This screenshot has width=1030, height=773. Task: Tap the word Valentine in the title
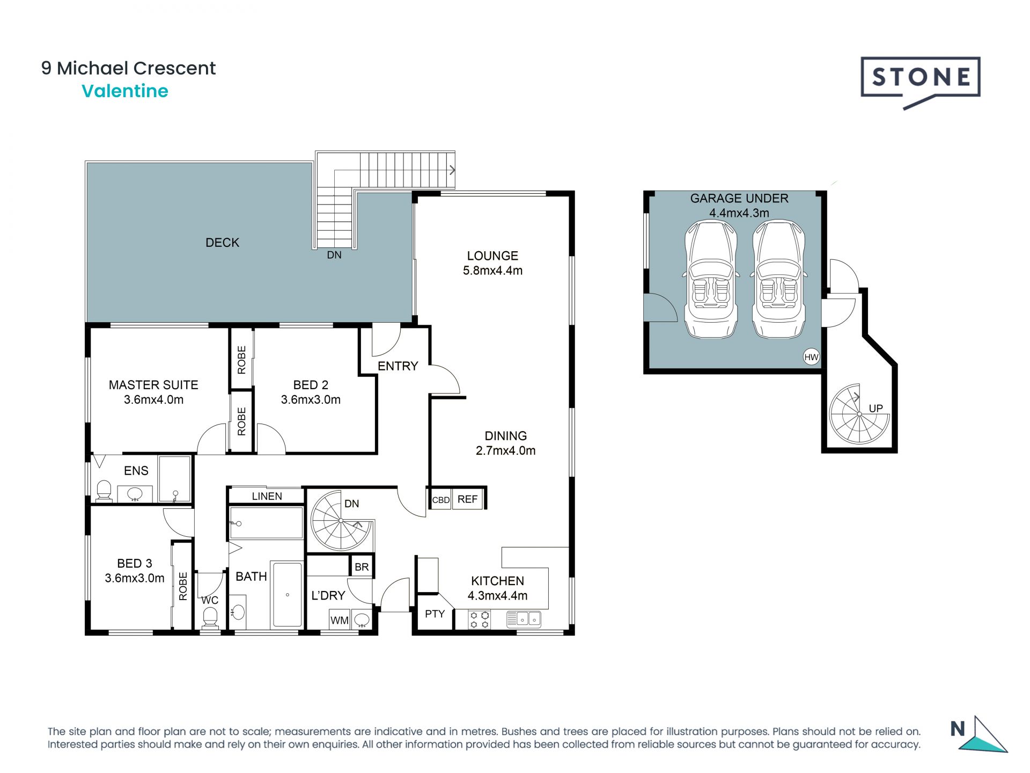click(125, 91)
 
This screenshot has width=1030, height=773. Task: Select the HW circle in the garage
click(811, 356)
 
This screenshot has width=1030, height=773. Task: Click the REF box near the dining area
click(468, 499)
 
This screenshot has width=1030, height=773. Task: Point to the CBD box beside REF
click(441, 500)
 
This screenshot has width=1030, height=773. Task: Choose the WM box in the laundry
click(340, 620)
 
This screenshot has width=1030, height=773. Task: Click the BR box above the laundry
click(362, 567)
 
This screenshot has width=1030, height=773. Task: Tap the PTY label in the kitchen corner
click(435, 614)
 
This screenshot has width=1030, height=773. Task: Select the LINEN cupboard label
click(267, 496)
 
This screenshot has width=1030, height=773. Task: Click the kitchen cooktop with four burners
click(480, 619)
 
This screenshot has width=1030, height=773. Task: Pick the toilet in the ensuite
click(104, 491)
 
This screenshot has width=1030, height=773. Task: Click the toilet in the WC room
click(210, 617)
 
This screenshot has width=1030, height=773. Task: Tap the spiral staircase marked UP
click(859, 414)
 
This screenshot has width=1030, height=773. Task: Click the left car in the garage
click(710, 279)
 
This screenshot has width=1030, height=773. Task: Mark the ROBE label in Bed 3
click(183, 586)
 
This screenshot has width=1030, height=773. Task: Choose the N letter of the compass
click(958, 728)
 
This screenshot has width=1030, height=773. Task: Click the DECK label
click(222, 243)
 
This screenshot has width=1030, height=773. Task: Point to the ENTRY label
click(398, 366)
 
